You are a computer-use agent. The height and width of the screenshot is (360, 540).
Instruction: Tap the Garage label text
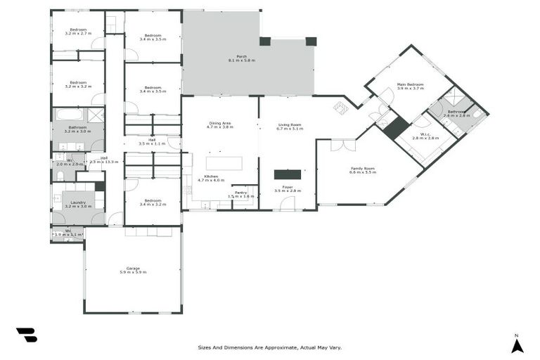[132, 268]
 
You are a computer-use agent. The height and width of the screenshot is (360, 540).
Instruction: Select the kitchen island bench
[224, 163]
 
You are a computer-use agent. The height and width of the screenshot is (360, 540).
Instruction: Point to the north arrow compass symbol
[517, 344]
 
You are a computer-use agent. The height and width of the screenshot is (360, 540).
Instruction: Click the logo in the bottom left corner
[26, 335]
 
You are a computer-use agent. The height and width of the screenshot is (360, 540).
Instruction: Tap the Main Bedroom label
[411, 84]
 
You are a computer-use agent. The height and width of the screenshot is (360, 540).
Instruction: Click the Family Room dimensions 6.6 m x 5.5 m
[363, 172]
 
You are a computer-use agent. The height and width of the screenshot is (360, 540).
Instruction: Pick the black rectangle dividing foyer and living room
[287, 174]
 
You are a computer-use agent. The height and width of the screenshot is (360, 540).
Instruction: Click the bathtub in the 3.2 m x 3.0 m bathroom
[70, 114]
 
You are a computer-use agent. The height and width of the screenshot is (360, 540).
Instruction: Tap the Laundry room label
[78, 202]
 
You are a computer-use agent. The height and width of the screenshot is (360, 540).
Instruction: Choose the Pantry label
[240, 192]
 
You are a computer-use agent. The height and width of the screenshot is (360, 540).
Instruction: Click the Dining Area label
[220, 124]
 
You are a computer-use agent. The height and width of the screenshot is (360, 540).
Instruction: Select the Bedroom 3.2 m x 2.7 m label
[77, 30]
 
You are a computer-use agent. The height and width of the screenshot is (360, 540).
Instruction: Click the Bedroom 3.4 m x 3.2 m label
[153, 202]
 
